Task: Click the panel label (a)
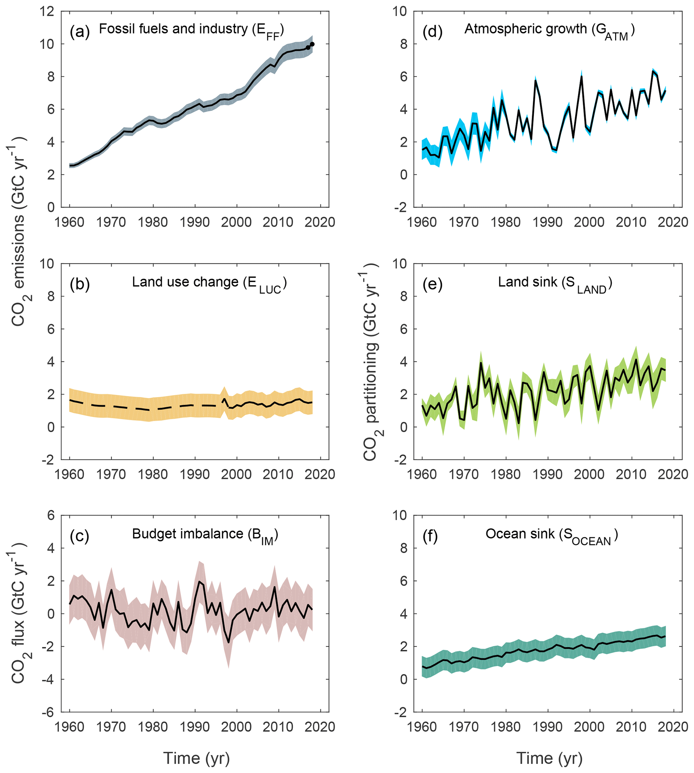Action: click(x=79, y=32)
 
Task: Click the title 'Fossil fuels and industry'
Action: click(x=174, y=29)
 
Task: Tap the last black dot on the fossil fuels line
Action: click(x=312, y=44)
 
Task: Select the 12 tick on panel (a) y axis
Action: click(x=47, y=11)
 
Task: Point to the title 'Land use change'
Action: click(x=185, y=282)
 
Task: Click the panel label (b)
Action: click(x=79, y=284)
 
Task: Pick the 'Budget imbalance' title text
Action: click(x=188, y=534)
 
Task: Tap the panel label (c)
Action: click(x=79, y=536)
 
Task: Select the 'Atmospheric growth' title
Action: click(x=526, y=29)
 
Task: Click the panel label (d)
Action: click(x=432, y=32)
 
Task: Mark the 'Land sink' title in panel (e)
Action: click(x=528, y=282)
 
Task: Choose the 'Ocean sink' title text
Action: click(x=520, y=534)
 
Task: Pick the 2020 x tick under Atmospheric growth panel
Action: click(x=674, y=222)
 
